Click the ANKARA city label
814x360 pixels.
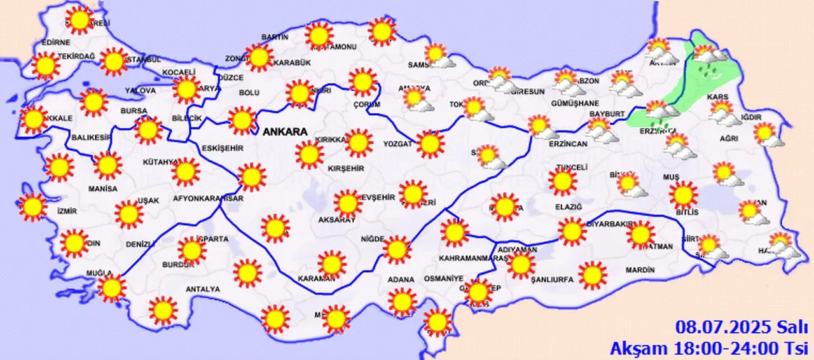[x=284, y=132]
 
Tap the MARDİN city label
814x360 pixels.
[x=640, y=270]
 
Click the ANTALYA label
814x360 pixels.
[x=202, y=289]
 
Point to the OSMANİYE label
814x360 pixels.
[x=444, y=279]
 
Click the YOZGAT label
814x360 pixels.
[x=398, y=144]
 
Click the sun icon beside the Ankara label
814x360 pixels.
[x=309, y=154]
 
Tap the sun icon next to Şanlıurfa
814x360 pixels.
[x=592, y=273]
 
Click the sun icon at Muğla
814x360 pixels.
[x=112, y=288]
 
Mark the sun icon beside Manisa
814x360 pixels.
[x=107, y=165]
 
